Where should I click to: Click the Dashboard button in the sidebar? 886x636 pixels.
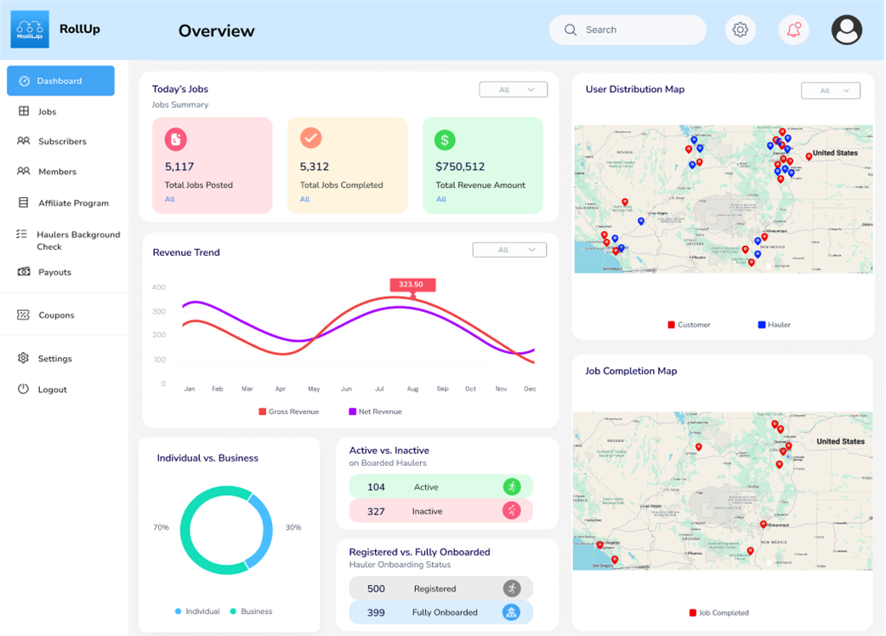60,81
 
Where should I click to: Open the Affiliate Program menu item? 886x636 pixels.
73,203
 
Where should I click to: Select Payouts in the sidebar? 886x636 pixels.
54,272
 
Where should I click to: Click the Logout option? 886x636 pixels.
52,389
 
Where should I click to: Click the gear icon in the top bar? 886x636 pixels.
740,30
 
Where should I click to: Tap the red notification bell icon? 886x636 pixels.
793,30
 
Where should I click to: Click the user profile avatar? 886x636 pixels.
846,30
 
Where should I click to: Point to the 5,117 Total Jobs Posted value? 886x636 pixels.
179,167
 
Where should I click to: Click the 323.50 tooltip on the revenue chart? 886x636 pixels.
412,285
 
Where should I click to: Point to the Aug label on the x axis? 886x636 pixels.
412,389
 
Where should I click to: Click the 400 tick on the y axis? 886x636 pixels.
159,287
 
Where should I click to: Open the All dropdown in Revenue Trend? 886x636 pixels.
509,250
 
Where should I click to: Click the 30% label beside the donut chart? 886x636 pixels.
293,527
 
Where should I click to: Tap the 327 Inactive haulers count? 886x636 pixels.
376,511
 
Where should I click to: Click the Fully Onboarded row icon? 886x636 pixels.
511,612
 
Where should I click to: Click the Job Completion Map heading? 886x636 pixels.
631,371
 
